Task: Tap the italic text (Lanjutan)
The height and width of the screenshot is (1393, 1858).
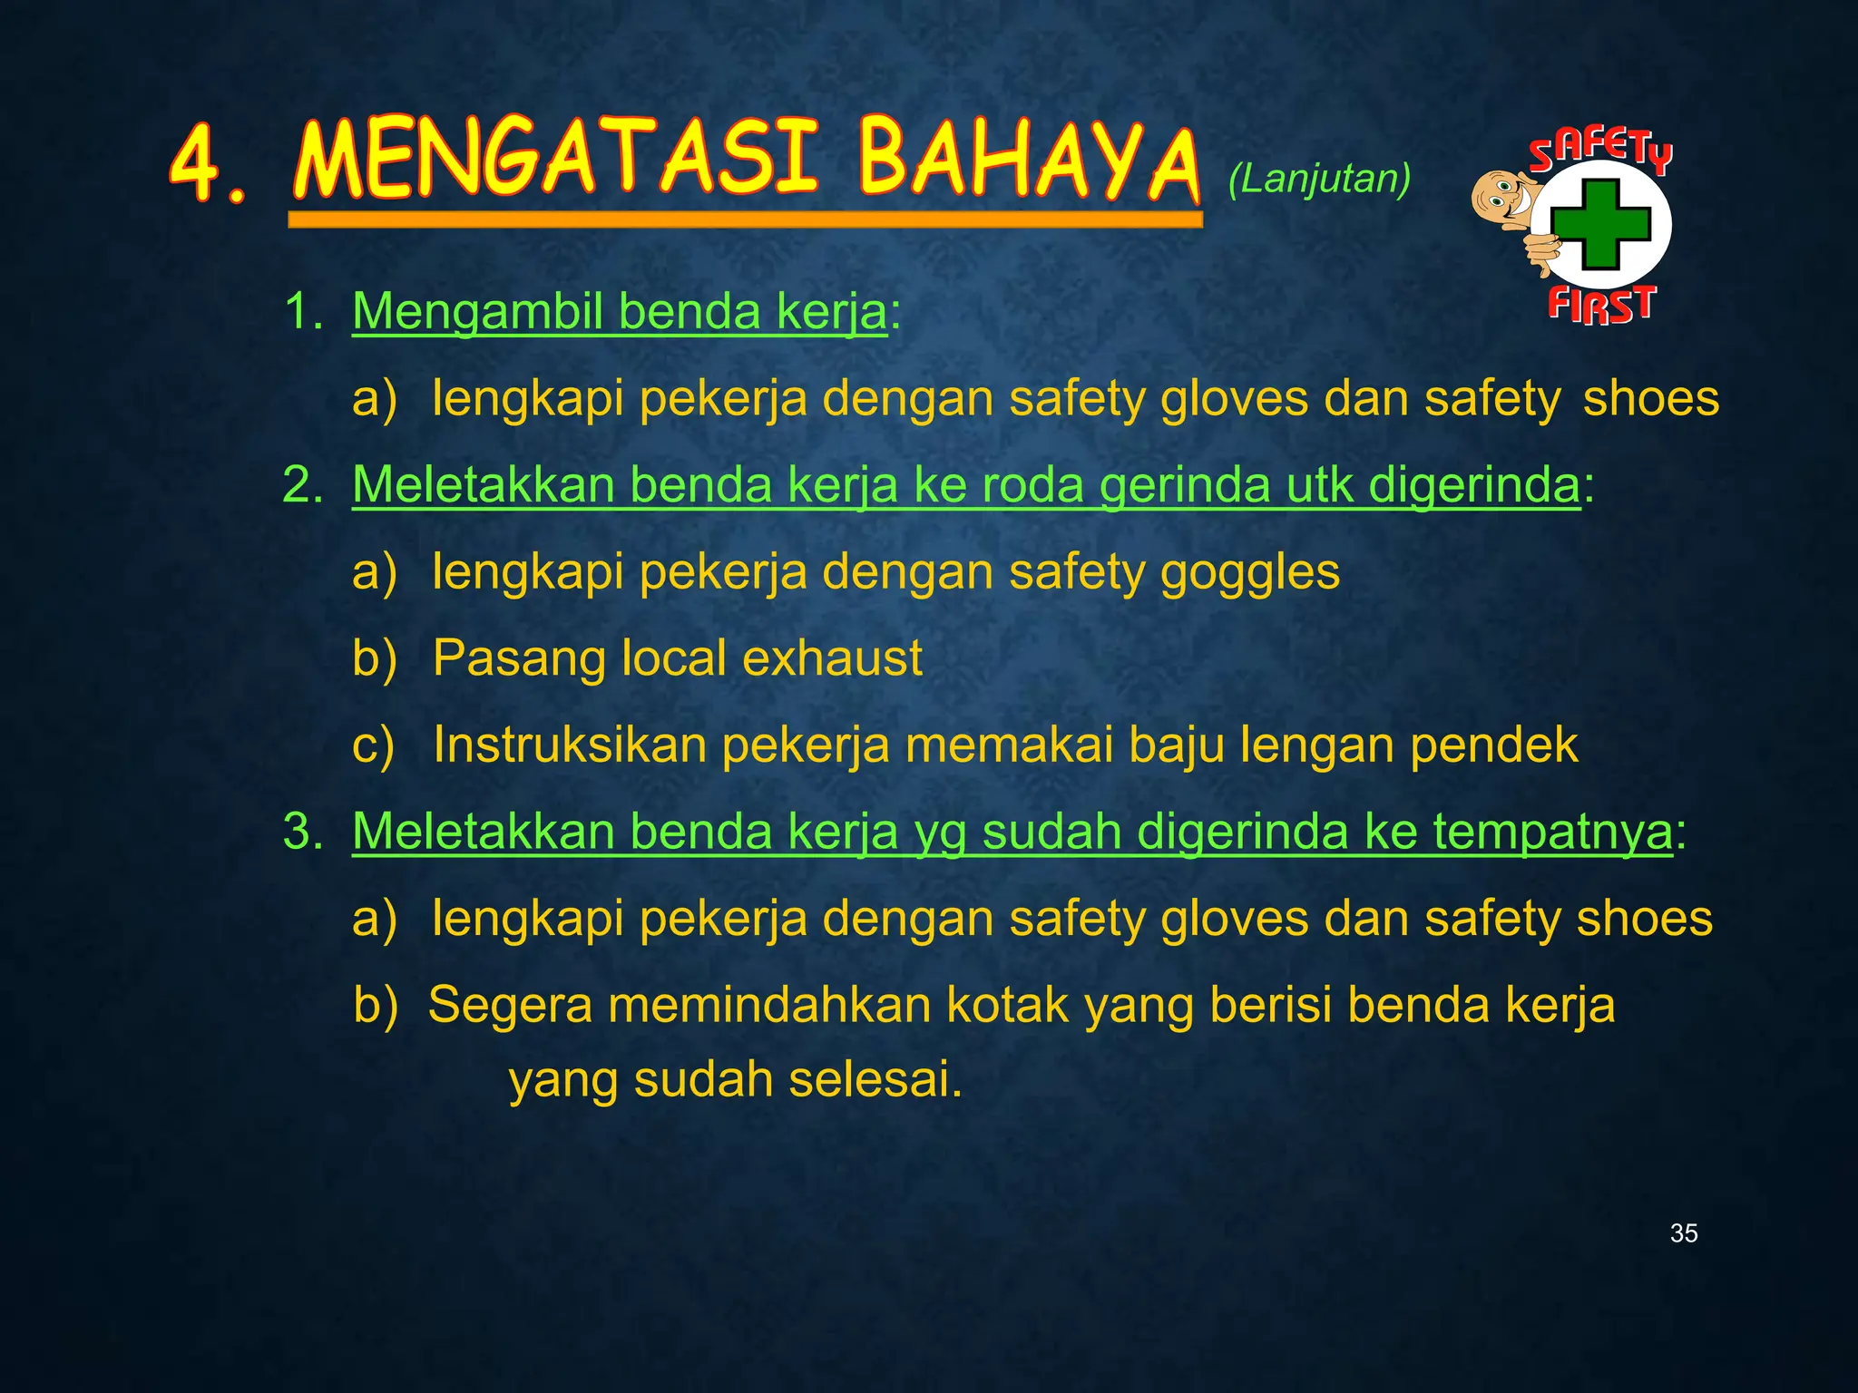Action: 1319,180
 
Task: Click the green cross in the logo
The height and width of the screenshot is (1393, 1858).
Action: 1599,225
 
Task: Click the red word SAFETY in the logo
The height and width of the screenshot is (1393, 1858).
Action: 1600,151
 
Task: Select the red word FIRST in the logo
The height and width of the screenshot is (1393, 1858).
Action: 1601,304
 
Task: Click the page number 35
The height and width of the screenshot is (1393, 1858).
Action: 1684,1233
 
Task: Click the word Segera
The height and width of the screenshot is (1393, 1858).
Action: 510,1005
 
